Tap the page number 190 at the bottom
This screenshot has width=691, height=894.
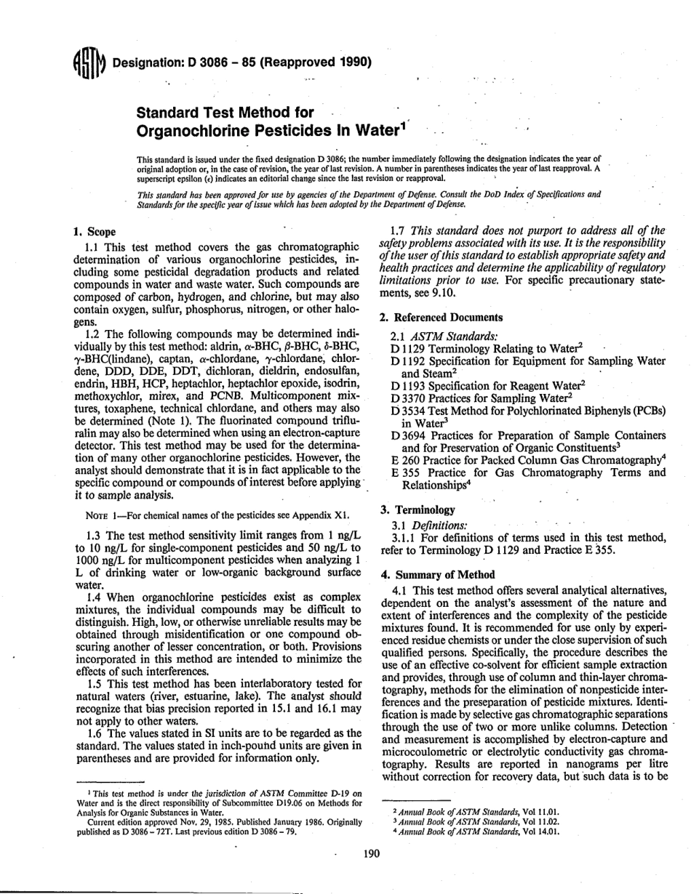(x=372, y=855)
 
